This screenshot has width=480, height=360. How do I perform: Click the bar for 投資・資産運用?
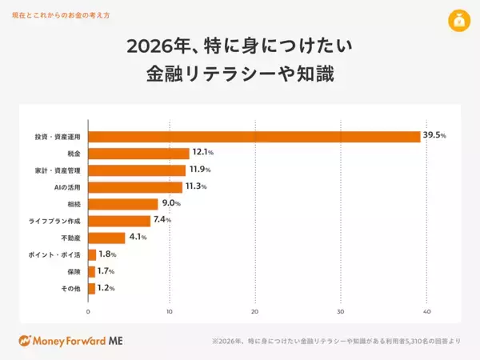point(254,136)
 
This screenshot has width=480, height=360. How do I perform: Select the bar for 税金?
point(138,153)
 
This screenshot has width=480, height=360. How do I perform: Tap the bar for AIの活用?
point(135,187)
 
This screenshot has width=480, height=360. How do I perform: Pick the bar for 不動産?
point(106,238)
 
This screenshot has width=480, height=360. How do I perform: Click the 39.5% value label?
point(434,136)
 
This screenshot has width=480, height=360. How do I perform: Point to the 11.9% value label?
point(198,170)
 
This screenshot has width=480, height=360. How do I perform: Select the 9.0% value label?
point(171,204)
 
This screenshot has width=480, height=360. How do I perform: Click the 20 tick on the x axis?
point(254,311)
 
